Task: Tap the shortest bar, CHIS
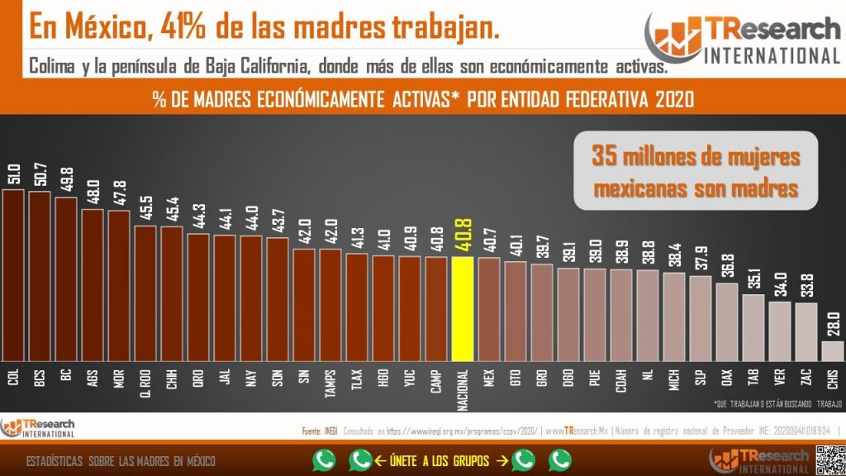tap(832, 350)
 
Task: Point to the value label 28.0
tap(832, 326)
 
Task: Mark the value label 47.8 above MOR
tap(119, 195)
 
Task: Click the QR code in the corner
tap(829, 459)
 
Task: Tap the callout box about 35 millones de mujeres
tap(694, 171)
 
